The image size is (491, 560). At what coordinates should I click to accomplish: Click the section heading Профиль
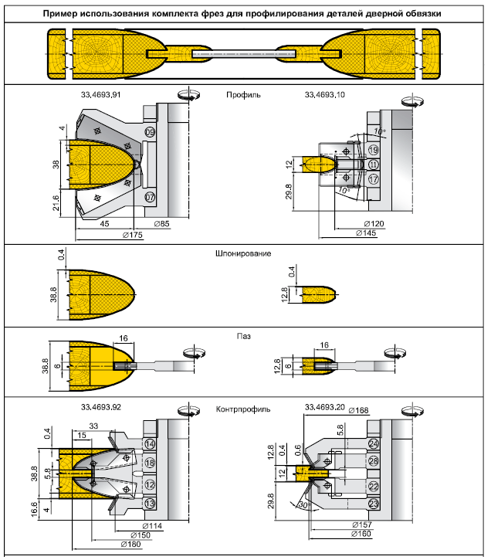coord(243,95)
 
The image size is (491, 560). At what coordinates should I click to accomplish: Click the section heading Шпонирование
coord(243,253)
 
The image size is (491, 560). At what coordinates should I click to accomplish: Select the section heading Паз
coord(244,336)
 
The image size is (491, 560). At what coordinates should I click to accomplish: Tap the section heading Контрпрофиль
coord(243,406)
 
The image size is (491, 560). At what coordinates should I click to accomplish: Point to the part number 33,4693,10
coord(325,95)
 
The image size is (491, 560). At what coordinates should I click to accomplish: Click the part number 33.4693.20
coord(325,406)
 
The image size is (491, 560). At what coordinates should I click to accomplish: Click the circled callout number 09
coord(149,134)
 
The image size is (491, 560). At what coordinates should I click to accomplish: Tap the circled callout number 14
coord(150,445)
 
